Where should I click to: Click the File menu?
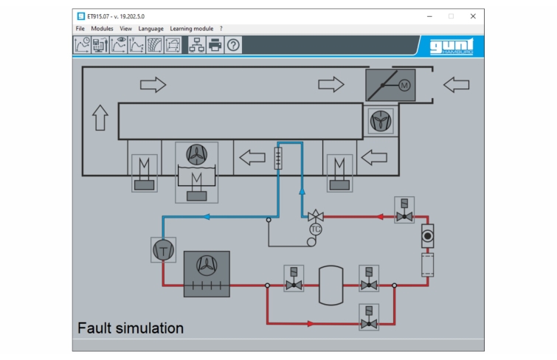tap(80, 29)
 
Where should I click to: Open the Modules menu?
tap(102, 29)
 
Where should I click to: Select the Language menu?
tap(151, 29)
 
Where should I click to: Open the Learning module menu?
tap(192, 29)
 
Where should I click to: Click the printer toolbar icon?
tap(215, 45)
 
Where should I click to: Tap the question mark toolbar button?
tap(233, 45)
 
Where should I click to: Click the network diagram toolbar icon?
tap(196, 45)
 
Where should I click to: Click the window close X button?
tap(473, 16)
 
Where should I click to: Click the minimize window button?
tap(429, 16)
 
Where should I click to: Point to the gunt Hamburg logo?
tap(452, 46)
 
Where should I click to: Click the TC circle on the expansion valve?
tap(316, 229)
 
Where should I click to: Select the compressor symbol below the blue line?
tap(163, 250)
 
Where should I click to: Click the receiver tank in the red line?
tap(331, 285)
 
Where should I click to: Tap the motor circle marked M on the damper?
tap(404, 86)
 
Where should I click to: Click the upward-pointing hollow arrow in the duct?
tap(100, 117)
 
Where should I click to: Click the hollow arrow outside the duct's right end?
tap(457, 85)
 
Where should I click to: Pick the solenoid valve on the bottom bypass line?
tap(369, 317)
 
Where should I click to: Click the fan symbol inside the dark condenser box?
tap(207, 266)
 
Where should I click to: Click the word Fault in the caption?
tap(94, 328)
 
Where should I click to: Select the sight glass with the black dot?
tap(428, 235)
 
